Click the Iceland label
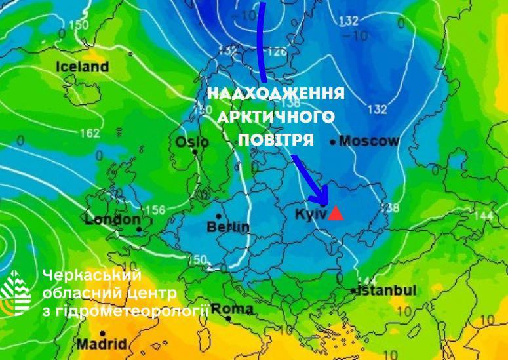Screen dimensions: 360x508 (82, 67)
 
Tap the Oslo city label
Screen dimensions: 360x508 (192, 142)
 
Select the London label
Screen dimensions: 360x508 (113, 220)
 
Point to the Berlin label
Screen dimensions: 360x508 (228, 227)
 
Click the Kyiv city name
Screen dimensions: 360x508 (309, 214)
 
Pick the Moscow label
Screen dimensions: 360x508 (368, 141)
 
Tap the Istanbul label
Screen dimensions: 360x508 (387, 290)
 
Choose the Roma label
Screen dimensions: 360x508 (233, 309)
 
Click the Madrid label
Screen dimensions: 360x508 (102, 344)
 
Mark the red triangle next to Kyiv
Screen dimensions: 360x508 (336, 213)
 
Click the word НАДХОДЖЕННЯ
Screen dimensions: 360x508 (276, 94)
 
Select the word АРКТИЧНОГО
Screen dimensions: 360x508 (276, 117)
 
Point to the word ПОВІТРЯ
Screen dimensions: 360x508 (276, 140)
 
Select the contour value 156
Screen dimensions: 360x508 (155, 210)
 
